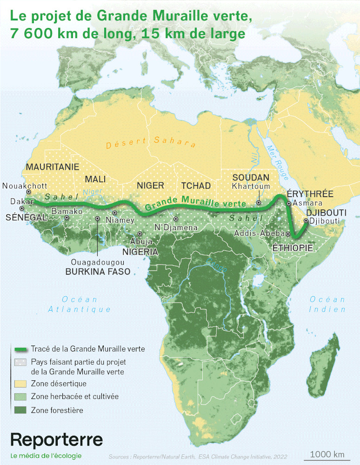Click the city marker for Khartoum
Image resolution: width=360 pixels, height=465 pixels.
(259, 202)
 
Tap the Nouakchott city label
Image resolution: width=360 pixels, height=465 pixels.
(22, 186)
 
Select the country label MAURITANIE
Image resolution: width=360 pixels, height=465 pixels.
(53, 167)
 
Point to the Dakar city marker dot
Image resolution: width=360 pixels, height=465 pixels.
(21, 208)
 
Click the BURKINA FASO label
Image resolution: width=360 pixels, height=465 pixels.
(98, 272)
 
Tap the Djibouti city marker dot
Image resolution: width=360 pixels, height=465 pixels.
(306, 221)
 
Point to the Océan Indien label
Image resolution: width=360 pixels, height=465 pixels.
(327, 304)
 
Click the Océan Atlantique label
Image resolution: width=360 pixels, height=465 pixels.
(80, 304)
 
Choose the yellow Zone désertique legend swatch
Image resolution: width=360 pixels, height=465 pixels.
(20, 384)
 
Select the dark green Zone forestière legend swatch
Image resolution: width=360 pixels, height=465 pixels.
(20, 410)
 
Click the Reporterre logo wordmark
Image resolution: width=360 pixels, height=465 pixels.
(56, 440)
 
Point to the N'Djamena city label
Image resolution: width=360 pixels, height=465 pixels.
(176, 228)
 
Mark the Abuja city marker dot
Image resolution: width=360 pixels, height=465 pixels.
(140, 234)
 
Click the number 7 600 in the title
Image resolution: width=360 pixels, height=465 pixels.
(29, 34)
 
